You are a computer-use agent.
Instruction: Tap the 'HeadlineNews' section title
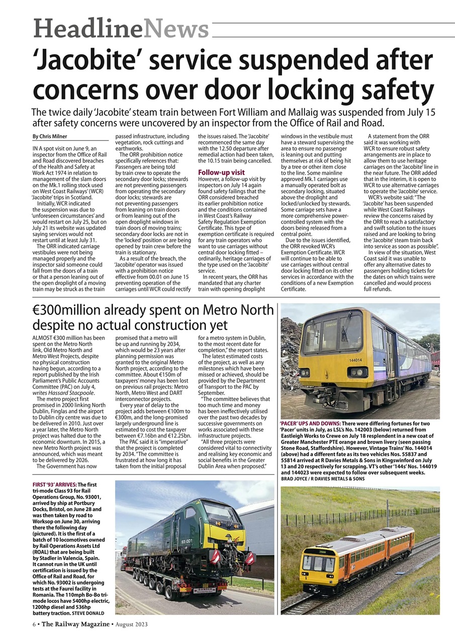coord(121,29)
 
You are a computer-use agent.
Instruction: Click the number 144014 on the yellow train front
coord(355,360)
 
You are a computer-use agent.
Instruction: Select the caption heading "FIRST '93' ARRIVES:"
coord(55,484)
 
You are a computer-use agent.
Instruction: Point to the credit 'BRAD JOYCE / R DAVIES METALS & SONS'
coord(323,479)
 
